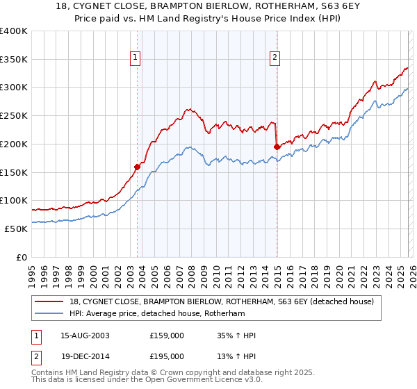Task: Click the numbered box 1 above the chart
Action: [x=136, y=58]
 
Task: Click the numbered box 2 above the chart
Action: [x=275, y=58]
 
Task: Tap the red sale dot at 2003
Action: [x=137, y=167]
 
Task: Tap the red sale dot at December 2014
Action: [x=277, y=147]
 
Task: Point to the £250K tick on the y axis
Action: [x=14, y=115]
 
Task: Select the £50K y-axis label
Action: [x=17, y=229]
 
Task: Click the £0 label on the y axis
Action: [x=22, y=257]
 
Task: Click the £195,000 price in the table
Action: [x=167, y=356]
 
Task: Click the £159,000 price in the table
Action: [x=167, y=336]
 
